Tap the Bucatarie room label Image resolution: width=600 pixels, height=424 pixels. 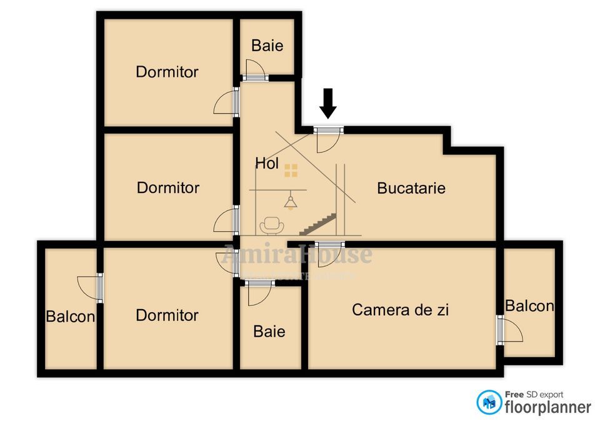(x=411, y=188)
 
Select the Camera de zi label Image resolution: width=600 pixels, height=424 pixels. (x=401, y=310)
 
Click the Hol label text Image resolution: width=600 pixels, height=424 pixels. (x=266, y=164)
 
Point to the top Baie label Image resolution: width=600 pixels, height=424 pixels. (x=267, y=46)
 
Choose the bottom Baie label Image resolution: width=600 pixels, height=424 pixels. (x=269, y=331)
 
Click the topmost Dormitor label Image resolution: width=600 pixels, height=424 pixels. (x=167, y=72)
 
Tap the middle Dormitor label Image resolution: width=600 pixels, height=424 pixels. (x=168, y=187)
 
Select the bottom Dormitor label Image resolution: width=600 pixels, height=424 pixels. (x=167, y=315)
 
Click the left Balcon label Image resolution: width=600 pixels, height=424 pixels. (x=71, y=317)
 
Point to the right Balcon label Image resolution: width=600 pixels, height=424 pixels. (x=529, y=306)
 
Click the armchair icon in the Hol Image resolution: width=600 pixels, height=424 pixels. (x=272, y=224)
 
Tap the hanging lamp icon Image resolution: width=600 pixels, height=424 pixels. (x=290, y=201)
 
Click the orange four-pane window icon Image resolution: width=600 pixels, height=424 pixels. (x=291, y=170)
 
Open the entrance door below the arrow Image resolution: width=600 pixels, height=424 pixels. (x=327, y=139)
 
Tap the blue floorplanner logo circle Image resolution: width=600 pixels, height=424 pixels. (x=489, y=403)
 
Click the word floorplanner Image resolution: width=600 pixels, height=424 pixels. (x=547, y=407)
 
